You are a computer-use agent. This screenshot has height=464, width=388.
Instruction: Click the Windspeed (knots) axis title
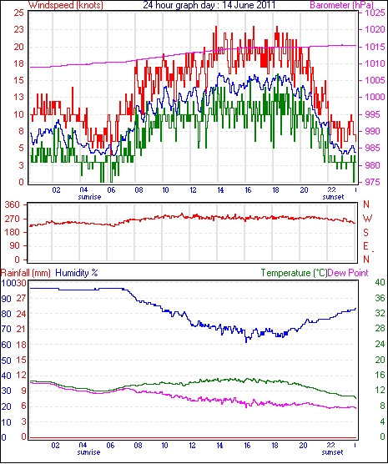tap(66, 5)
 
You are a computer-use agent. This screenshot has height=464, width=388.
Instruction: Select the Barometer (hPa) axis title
tap(341, 5)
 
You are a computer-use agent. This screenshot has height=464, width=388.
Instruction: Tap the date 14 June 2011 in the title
tap(249, 5)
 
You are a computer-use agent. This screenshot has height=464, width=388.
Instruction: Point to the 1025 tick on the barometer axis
tap(375, 13)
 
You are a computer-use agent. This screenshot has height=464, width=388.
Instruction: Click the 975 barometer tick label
tap(374, 182)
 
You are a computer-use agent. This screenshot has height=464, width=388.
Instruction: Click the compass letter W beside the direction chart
tap(367, 219)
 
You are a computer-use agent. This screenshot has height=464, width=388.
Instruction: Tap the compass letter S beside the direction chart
tap(365, 233)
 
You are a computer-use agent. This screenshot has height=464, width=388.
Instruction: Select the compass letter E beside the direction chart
tap(365, 246)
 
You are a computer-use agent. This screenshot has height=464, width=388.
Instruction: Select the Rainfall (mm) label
tap(26, 273)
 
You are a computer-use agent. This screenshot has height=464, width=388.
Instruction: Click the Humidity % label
tap(77, 273)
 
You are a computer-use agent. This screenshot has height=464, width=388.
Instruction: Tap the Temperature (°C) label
tap(294, 273)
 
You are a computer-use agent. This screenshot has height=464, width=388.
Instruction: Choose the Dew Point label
tap(348, 273)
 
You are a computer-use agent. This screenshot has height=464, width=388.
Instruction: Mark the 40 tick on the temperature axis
tap(380, 282)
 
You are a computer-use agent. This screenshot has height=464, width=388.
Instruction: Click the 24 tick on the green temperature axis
tap(380, 344)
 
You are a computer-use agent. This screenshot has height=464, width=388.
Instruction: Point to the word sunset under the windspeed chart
tap(333, 197)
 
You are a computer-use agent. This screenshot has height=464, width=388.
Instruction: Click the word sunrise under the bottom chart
tap(88, 452)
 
